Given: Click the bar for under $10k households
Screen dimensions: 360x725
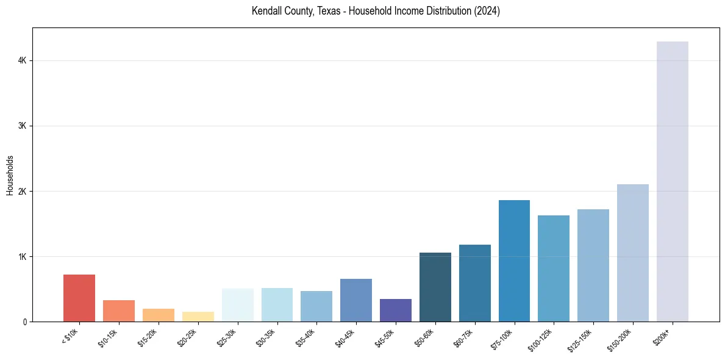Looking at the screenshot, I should tap(79, 298).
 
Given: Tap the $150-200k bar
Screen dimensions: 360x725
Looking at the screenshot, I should tap(633, 253).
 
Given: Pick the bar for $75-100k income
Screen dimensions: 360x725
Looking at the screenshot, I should tap(514, 261).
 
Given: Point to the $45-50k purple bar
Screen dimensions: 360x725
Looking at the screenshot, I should tap(396, 310).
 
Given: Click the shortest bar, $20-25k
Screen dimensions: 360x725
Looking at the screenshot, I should tap(198, 317).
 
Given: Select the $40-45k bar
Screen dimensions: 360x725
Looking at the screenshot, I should tap(356, 300).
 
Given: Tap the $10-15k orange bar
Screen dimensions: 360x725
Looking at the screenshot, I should tap(119, 311).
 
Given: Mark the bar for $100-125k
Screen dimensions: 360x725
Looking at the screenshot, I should tap(554, 268).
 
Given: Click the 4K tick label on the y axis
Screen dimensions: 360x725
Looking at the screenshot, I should tap(23, 60).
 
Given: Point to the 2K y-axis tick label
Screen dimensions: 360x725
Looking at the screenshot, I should tap(23, 191).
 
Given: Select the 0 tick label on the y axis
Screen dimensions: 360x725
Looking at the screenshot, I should tap(25, 322).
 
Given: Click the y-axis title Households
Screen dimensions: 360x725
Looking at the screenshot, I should tap(10, 175).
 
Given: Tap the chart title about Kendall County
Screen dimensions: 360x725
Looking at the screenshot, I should tap(376, 11).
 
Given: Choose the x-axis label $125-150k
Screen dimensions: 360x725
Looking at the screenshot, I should tap(582, 339).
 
